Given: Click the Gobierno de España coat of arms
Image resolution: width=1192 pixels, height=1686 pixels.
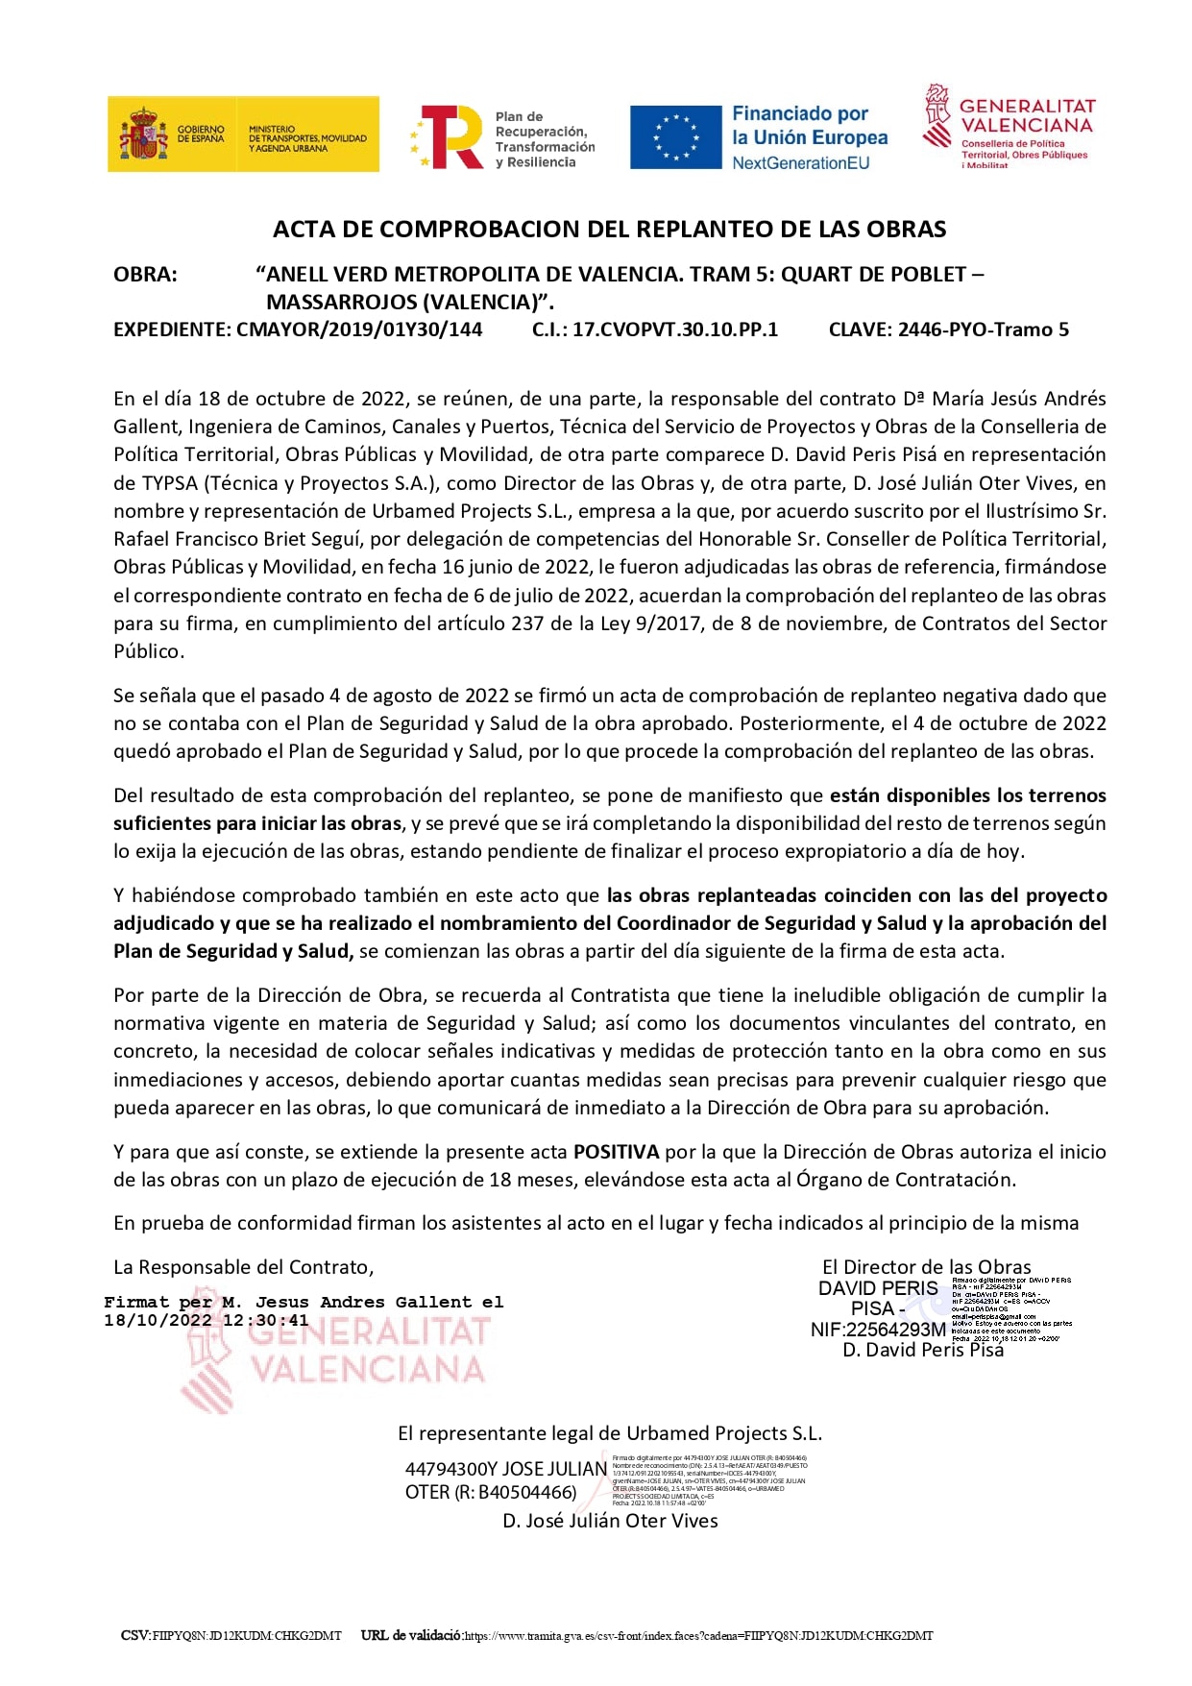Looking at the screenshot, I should click(143, 134).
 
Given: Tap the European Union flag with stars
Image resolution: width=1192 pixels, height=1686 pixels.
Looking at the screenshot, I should click(675, 137).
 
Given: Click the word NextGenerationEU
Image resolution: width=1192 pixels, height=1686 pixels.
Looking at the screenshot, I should click(800, 163).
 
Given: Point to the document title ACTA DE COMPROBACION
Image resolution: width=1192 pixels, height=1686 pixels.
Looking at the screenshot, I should click(609, 230).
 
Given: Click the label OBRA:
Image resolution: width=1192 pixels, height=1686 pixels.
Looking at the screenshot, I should click(145, 275).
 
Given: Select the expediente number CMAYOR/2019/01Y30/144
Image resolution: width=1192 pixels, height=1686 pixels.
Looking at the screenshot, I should click(359, 330).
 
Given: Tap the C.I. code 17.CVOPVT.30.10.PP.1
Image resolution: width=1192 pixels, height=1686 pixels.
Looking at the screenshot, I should click(675, 330).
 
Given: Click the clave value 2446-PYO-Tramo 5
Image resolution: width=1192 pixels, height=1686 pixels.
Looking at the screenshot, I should click(983, 330).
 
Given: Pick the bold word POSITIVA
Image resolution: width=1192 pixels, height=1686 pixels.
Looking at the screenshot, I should click(616, 1152).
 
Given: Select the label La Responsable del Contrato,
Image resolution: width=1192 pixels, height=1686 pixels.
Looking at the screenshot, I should click(244, 1267).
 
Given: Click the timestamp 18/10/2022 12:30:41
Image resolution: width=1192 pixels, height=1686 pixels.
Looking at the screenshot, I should click(207, 1321).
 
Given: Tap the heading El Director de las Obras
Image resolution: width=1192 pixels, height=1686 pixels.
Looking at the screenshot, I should click(926, 1267).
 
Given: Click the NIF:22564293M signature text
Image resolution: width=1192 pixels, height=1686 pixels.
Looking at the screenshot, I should click(878, 1330).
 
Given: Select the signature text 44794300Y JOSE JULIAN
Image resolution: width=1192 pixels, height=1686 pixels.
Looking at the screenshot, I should click(506, 1469).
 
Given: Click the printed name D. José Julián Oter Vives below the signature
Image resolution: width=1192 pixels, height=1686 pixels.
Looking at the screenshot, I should click(610, 1521).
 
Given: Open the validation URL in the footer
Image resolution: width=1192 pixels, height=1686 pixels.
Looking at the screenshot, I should click(698, 1635).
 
